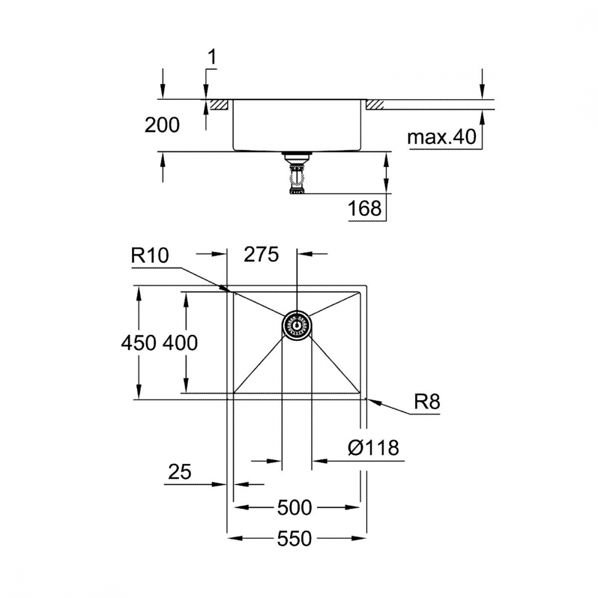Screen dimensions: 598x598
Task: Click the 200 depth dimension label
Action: tap(161, 125)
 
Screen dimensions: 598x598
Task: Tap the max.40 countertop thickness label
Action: tap(442, 136)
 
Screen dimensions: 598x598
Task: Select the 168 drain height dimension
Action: tap(365, 208)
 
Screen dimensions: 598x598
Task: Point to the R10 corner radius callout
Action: tap(149, 255)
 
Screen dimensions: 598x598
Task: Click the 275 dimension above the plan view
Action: tap(261, 254)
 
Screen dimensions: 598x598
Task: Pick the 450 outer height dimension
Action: tap(139, 343)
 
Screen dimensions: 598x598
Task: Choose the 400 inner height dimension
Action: tap(180, 343)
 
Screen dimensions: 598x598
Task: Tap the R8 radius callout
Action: tap(427, 402)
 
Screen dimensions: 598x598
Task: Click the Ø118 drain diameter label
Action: tap(373, 447)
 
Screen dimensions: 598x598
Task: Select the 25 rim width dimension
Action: tap(179, 472)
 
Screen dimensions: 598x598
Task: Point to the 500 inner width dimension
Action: tap(294, 508)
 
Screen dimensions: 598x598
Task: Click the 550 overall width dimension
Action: tap(294, 539)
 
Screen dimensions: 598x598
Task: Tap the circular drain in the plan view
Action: tap(297, 325)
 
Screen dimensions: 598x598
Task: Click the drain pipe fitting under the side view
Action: tap(297, 173)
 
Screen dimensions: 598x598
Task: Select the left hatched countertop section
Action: tap(218, 105)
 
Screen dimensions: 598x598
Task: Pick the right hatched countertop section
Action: tap(376, 105)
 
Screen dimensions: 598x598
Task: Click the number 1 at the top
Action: tap(212, 57)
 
